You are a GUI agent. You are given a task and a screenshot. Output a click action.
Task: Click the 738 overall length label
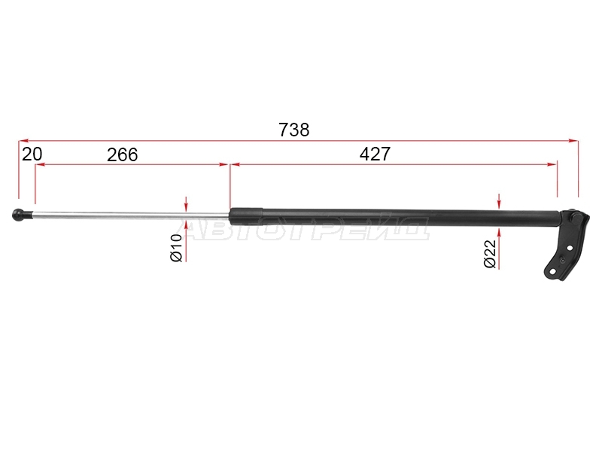[293, 130]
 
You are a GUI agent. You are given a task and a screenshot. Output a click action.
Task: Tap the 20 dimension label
[32, 154]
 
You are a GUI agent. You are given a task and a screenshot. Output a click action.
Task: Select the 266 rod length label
[122, 155]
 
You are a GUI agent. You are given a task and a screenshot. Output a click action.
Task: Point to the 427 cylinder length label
[375, 154]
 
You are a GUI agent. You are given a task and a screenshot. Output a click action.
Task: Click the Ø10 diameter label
[176, 248]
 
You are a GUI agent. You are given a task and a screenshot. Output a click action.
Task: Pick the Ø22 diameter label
[490, 254]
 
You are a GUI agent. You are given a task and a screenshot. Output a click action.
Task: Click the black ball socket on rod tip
[18, 215]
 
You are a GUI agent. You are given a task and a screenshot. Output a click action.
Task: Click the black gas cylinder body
[394, 218]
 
